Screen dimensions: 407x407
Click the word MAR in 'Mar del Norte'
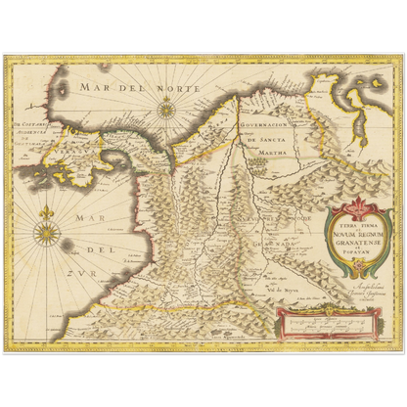pyautogui.click(x=98, y=88)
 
